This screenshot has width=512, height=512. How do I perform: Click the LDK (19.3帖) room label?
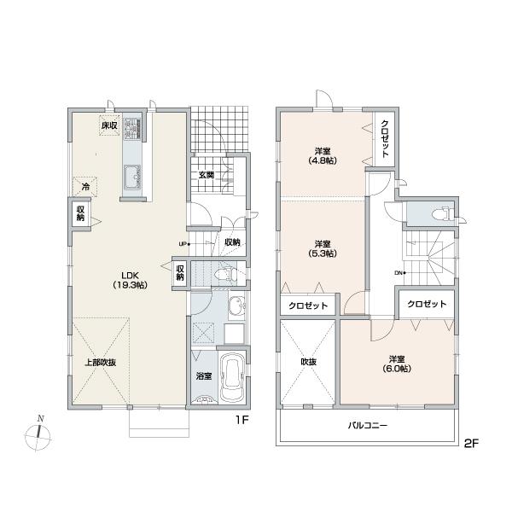pyautogui.click(x=130, y=279)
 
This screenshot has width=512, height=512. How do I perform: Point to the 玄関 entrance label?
pyautogui.click(x=207, y=175)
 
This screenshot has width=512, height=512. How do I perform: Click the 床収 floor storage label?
pyautogui.click(x=108, y=126)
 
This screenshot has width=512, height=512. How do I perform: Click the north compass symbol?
pyautogui.click(x=37, y=436)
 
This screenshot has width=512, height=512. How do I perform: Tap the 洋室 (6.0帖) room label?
pyautogui.click(x=397, y=363)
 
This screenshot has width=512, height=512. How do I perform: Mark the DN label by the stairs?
pyautogui.click(x=398, y=272)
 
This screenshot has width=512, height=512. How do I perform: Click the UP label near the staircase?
pyautogui.click(x=182, y=244)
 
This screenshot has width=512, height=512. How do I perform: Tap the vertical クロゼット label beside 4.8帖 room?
pyautogui.click(x=386, y=138)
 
